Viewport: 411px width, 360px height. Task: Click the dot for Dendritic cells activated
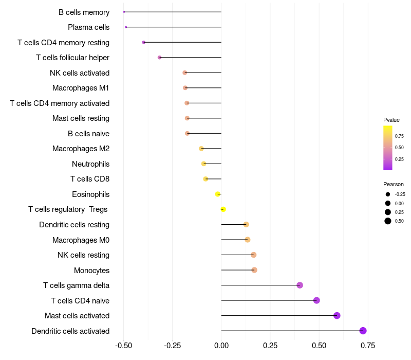coord(363,331)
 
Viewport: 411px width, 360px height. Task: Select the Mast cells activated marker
coord(337,316)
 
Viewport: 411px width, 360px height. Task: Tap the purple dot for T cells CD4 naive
coord(316,300)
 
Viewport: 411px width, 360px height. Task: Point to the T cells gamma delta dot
coord(300,285)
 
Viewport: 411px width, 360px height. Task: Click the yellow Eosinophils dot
coord(218,194)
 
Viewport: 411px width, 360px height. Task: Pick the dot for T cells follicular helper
coord(159,57)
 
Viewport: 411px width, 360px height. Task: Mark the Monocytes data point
coord(254,270)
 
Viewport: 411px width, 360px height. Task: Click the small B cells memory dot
coord(124,12)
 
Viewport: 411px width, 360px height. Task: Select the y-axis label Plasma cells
coord(88,27)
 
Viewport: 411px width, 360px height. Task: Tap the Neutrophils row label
coord(90,164)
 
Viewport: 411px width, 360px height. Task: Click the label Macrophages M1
coord(81,88)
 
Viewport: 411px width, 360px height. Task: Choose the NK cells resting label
coord(83,255)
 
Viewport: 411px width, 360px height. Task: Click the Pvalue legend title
coord(391,120)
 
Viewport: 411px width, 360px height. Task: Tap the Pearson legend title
coord(394,184)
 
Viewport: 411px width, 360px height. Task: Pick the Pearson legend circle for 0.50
coord(387,221)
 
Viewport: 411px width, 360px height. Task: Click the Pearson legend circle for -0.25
coord(387,194)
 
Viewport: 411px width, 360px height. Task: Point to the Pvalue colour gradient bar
coord(388,148)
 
